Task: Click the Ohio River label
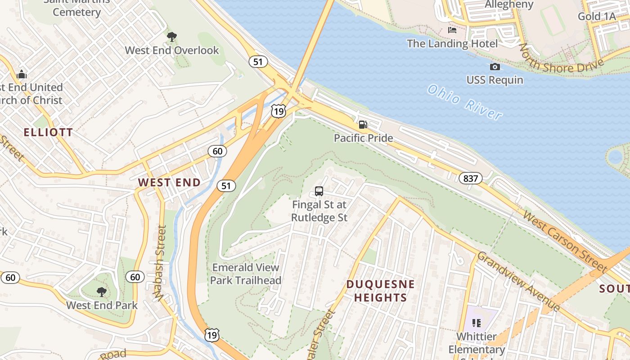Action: coord(464,103)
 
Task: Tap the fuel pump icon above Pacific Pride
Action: coord(363,124)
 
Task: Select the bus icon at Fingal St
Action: coord(319,191)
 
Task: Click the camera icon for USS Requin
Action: coord(495,67)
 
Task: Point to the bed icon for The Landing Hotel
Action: coord(452,30)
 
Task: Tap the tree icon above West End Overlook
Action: coord(171,36)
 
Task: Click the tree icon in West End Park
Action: coord(102,292)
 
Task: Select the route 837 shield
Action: coord(471,179)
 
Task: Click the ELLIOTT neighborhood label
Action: coord(48,132)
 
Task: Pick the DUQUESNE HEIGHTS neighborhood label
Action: coord(380,291)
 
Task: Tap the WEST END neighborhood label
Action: coord(169,182)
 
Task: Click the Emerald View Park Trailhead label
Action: coord(246,274)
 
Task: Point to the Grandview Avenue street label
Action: coord(518,281)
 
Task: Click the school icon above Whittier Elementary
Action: coord(477,323)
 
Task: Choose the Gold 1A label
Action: coord(596,17)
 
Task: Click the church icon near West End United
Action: coord(21,74)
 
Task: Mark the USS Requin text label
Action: coord(495,80)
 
